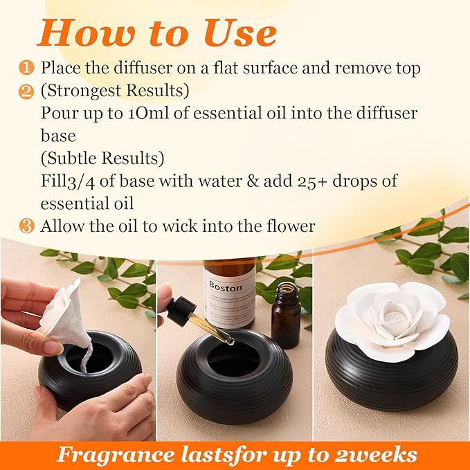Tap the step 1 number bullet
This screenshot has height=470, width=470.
27,68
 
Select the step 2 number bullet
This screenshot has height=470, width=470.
27,91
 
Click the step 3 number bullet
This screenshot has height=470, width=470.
27,226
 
